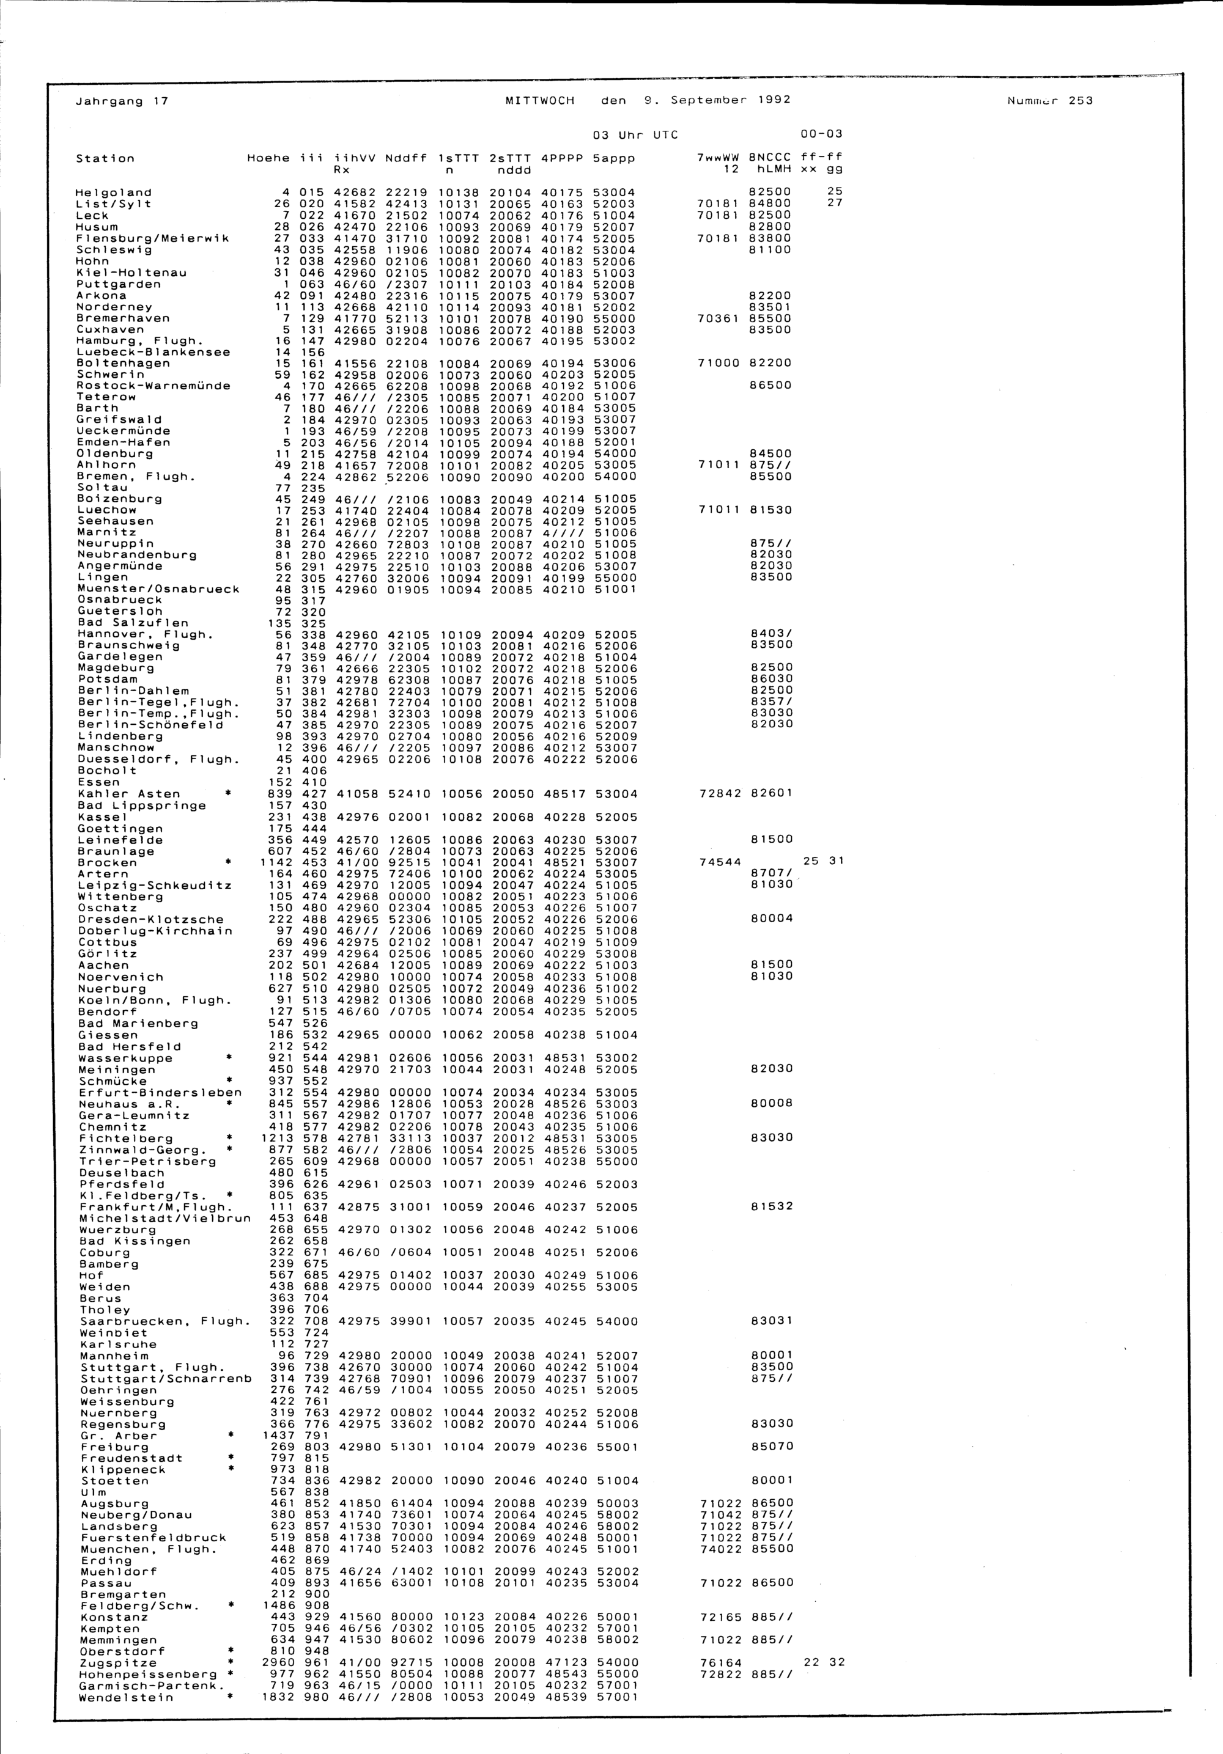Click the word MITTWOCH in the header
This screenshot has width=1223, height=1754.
tap(539, 100)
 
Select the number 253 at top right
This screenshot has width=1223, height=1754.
tap(1081, 100)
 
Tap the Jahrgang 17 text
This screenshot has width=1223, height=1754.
tap(122, 101)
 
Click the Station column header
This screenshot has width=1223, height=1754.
tap(105, 158)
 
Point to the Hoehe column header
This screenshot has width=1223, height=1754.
tap(268, 158)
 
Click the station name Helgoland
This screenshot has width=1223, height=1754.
tap(114, 193)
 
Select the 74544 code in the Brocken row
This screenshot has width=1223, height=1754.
tap(720, 862)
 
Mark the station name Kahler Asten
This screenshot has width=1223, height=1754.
tap(129, 794)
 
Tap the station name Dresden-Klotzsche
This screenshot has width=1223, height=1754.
tap(150, 920)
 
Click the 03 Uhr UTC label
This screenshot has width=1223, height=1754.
tap(635, 134)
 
